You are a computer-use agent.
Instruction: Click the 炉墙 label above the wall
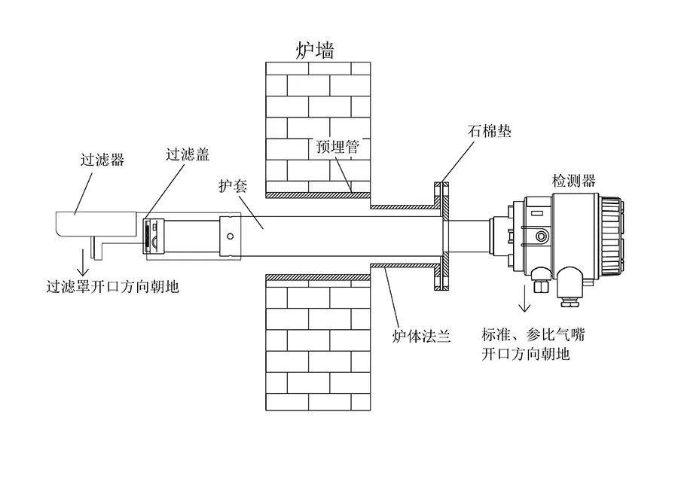pos(314,50)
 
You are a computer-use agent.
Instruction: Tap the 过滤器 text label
pos(102,160)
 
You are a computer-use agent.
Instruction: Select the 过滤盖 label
pos(188,154)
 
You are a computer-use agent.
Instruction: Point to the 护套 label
pos(233,186)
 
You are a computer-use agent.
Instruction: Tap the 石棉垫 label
pos(490,131)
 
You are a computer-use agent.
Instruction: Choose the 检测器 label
pos(574,181)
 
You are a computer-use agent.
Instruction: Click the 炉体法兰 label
pos(421,335)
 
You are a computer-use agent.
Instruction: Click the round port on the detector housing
pos(540,236)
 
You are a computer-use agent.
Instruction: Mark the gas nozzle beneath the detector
pos(540,286)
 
